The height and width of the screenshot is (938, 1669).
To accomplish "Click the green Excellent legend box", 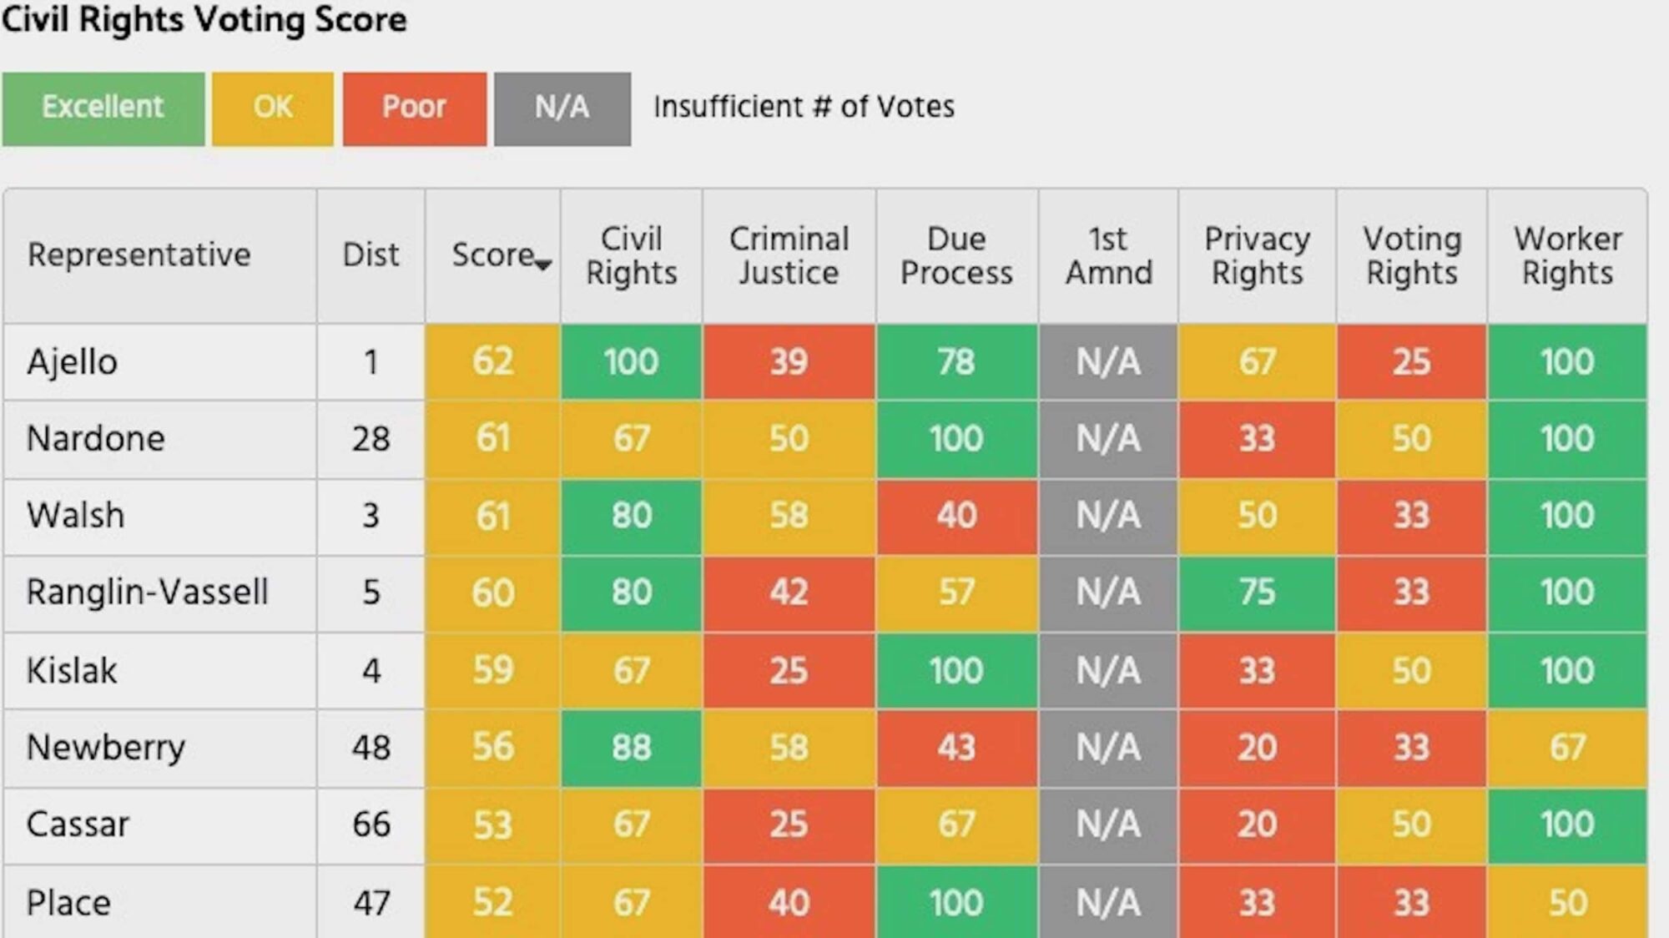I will (103, 108).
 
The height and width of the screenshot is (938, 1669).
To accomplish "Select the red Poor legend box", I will (414, 108).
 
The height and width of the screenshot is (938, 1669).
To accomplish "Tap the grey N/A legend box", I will (562, 108).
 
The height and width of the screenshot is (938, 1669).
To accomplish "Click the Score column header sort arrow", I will (543, 265).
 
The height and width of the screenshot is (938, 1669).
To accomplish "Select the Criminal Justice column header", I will (789, 255).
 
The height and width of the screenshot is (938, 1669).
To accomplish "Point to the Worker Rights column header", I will (1567, 255).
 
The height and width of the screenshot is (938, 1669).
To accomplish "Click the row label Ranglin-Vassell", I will (147, 593).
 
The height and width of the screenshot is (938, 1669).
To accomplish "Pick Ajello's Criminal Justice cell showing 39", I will (789, 362).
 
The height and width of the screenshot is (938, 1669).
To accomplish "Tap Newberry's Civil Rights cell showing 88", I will (631, 748).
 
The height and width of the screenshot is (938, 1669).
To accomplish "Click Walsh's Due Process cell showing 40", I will (956, 516).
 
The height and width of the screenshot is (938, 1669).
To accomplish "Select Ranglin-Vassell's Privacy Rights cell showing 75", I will (1257, 593).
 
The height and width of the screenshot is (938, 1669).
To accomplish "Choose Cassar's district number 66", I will (371, 825).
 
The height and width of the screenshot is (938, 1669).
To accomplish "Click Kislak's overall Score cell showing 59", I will (492, 671).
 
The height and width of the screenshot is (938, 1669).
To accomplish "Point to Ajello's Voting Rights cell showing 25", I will (1411, 362).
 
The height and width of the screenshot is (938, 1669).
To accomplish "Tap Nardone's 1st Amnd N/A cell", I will (1107, 439).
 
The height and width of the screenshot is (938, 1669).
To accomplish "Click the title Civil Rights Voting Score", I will (204, 20).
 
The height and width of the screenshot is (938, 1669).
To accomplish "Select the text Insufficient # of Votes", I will (804, 107).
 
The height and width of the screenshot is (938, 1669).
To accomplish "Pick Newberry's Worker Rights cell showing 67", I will (1567, 748).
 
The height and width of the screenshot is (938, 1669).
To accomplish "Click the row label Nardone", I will (96, 439).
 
